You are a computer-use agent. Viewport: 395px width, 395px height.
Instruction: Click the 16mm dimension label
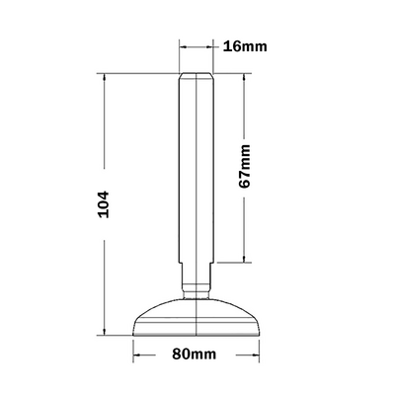[x=246, y=46]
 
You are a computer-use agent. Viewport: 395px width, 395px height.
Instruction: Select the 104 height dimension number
[x=112, y=204]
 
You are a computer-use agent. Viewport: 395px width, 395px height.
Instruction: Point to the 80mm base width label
[x=196, y=354]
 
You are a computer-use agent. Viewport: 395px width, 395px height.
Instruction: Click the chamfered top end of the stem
[x=197, y=77]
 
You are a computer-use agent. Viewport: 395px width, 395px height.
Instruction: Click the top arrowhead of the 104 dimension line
[x=104, y=78]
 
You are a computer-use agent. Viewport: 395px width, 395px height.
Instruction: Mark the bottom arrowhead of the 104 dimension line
[x=104, y=332]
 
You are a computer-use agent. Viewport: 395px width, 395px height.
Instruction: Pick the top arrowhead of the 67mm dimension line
[x=243, y=78]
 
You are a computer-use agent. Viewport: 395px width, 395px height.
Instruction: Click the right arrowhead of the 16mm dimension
[x=210, y=46]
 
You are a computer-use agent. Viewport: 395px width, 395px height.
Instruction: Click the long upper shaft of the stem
[x=197, y=168]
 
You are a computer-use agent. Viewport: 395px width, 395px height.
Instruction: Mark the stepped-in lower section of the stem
[x=197, y=275]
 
